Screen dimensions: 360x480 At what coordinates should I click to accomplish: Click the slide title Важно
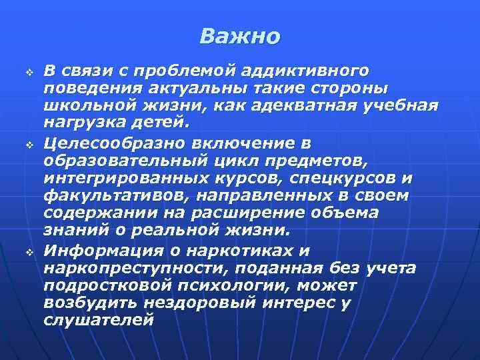tap(240, 36)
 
